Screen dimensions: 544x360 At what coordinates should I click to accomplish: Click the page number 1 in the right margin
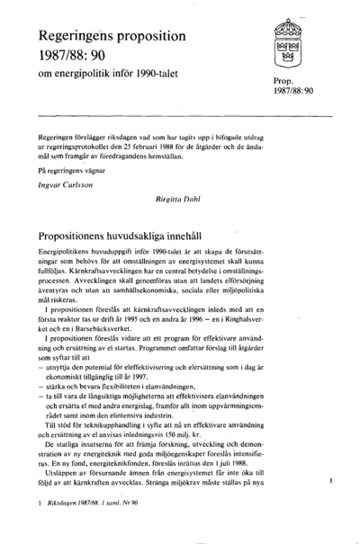click(x=332, y=482)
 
